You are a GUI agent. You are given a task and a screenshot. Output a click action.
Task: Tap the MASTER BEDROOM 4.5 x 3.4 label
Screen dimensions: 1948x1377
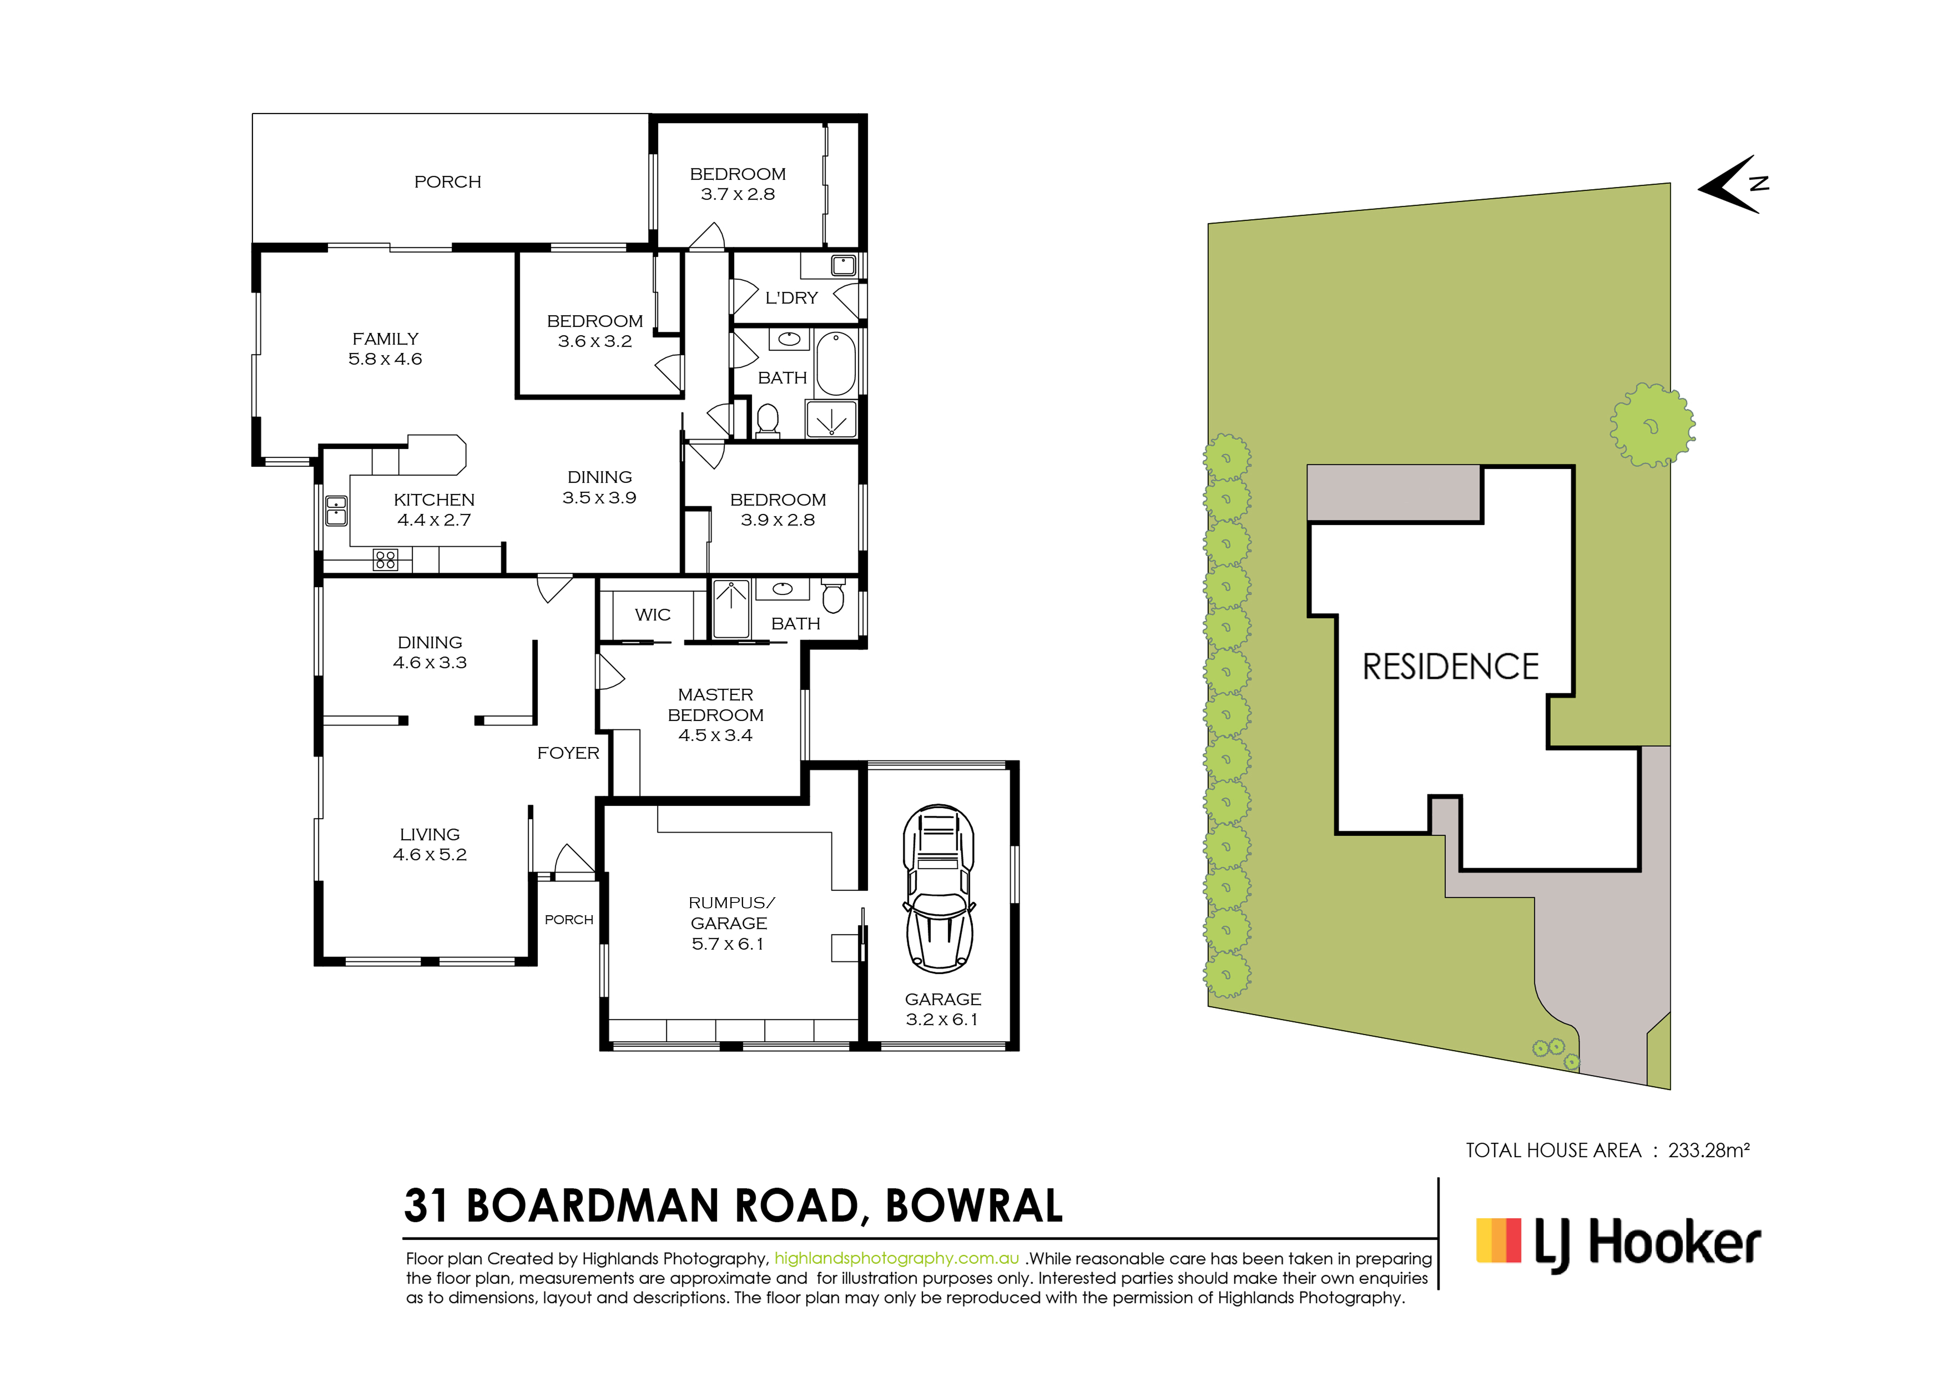tap(715, 714)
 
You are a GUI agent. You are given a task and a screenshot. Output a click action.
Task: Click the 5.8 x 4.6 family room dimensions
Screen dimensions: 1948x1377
tap(385, 359)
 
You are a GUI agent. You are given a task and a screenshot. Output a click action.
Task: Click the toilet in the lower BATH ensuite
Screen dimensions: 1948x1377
tap(833, 596)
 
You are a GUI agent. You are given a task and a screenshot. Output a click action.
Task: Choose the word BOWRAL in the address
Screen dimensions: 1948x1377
tap(974, 1206)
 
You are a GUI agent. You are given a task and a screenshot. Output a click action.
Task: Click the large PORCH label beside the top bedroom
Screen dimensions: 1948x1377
tap(447, 181)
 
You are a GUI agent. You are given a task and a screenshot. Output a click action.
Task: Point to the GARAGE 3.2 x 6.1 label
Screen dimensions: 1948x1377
tap(943, 1009)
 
